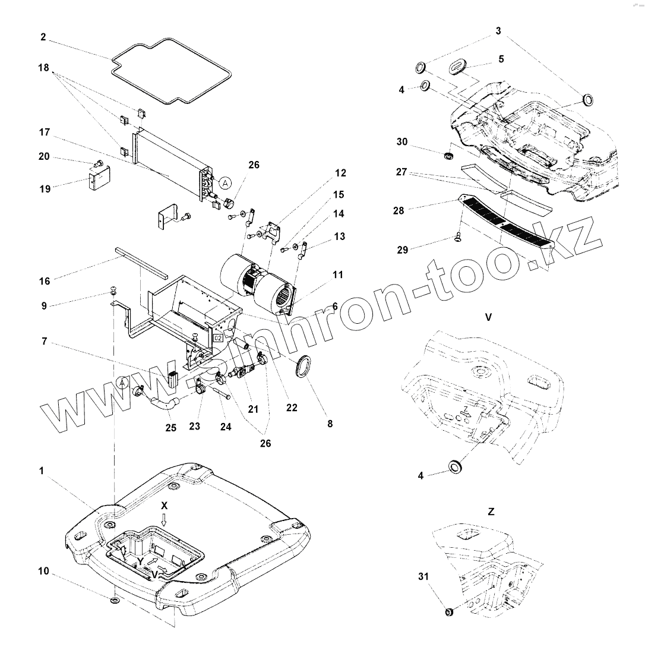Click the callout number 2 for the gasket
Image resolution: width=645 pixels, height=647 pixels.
43,37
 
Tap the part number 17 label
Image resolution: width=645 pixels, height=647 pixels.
43,132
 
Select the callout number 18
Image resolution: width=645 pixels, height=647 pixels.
43,68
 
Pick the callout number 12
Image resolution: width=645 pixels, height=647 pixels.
340,173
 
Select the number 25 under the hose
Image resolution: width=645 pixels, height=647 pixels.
171,427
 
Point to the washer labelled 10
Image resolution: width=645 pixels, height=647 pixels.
115,601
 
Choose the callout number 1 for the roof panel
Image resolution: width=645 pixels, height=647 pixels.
41,471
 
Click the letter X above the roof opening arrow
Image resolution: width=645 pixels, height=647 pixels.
165,505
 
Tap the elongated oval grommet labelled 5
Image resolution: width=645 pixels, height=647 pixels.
460,67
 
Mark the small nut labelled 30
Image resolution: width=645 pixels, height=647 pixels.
448,156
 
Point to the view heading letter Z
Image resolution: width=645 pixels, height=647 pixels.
491,511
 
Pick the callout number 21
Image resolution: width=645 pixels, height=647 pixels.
254,409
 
